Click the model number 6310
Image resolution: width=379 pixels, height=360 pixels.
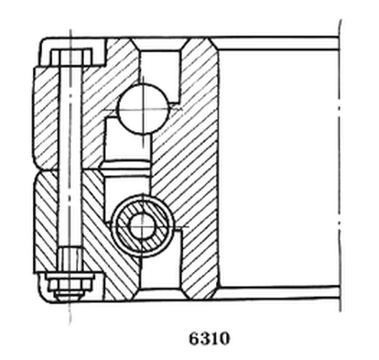(x=207, y=337)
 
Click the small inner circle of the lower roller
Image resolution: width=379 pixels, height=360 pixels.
(x=142, y=225)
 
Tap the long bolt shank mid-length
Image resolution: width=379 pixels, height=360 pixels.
(x=70, y=167)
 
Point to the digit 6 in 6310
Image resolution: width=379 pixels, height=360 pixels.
(x=193, y=337)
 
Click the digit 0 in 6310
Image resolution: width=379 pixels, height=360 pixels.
(x=221, y=337)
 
